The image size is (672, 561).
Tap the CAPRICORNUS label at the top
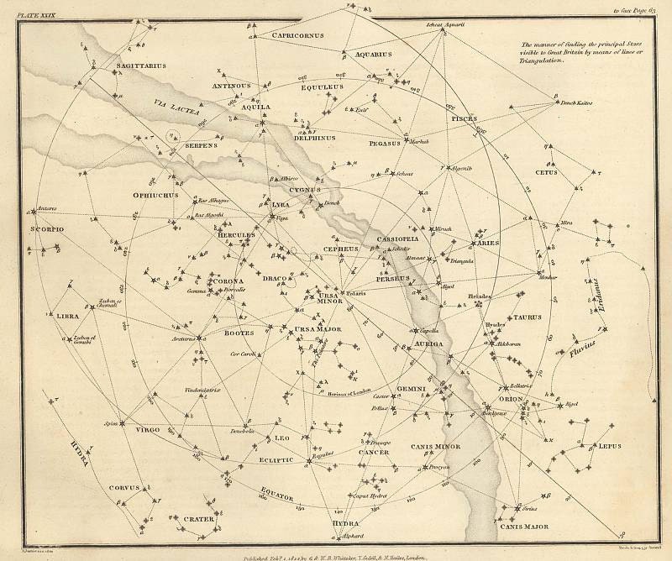297,35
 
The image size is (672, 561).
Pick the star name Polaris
358,294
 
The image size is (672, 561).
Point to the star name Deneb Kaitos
577,102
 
